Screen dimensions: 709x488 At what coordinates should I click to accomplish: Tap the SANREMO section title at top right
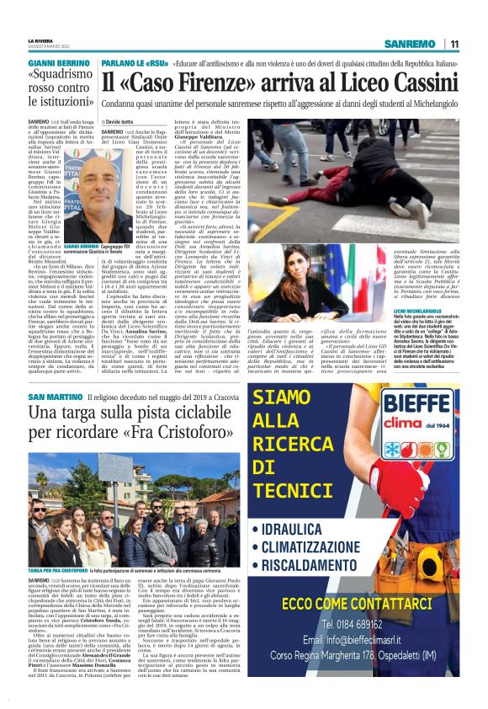coord(411,44)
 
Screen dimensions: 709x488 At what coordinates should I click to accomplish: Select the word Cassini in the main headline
coord(416,82)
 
